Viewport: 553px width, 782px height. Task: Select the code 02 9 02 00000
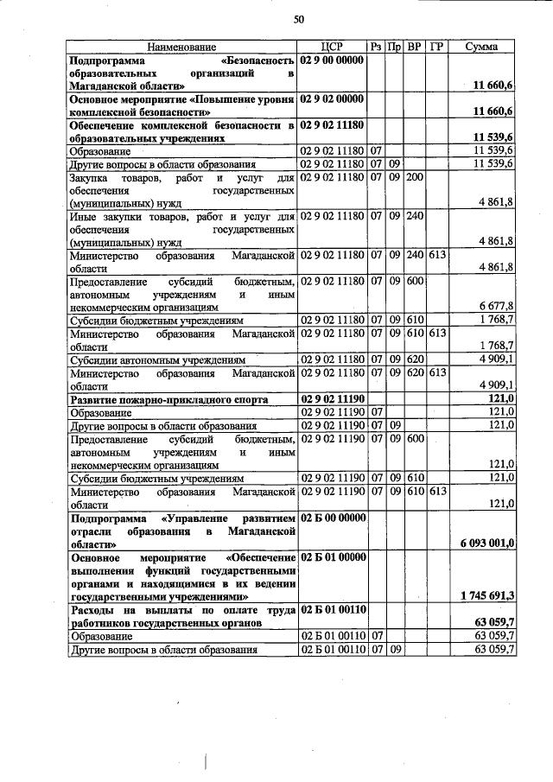(x=333, y=99)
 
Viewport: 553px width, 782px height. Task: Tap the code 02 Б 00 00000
(x=333, y=518)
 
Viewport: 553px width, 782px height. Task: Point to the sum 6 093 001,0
(x=485, y=543)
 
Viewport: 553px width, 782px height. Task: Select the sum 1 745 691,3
(x=485, y=596)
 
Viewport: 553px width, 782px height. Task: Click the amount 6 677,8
(x=497, y=306)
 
